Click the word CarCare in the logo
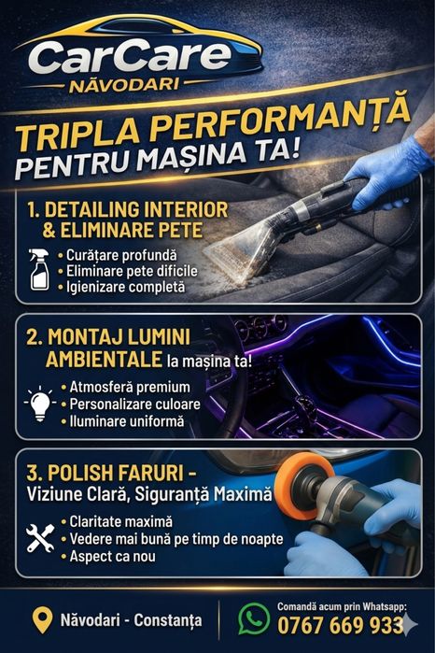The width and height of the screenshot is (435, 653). [x=130, y=57]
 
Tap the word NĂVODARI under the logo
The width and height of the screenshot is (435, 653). [x=124, y=85]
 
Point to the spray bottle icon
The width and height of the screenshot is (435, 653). [x=39, y=269]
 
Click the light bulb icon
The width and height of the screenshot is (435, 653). [x=40, y=404]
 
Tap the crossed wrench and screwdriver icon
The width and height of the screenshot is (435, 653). [x=40, y=538]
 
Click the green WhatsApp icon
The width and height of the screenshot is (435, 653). [x=254, y=618]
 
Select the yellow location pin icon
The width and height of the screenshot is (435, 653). [x=42, y=620]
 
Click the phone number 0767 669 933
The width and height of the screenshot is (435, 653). [x=340, y=626]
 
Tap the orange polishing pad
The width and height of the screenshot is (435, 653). [x=302, y=486]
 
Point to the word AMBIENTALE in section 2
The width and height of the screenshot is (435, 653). [x=104, y=359]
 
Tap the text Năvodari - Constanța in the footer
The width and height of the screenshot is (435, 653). [x=131, y=620]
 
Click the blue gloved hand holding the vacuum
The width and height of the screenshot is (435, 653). [x=387, y=171]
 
